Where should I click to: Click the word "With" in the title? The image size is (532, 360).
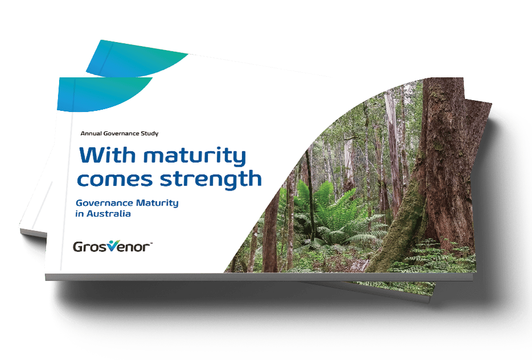107,155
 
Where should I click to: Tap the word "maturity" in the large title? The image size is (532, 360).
195,156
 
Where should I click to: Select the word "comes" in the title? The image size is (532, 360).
115,179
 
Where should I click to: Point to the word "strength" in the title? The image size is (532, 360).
211,179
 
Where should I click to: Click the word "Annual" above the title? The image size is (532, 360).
91,134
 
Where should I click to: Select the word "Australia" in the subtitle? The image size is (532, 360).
109,214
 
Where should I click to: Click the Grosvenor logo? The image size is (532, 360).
113,246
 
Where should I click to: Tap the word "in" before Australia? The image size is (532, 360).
80,214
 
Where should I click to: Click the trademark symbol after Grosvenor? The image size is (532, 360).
151,243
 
